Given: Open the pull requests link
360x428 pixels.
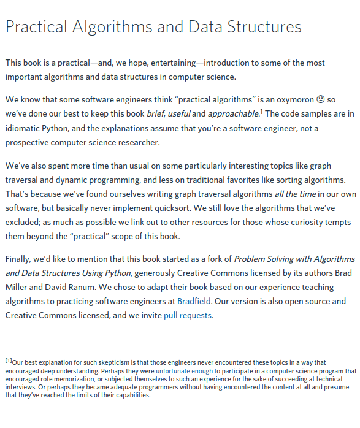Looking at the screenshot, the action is pos(187,315).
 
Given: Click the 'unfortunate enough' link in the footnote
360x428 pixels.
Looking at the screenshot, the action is pos(185,371).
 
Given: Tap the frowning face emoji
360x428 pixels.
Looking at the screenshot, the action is pos(320,99).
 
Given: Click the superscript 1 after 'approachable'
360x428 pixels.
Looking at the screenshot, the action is pos(261,111).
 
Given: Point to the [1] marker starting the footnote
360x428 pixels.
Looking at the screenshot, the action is pos(8,361).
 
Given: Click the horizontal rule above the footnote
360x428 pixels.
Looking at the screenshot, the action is pos(182,340).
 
